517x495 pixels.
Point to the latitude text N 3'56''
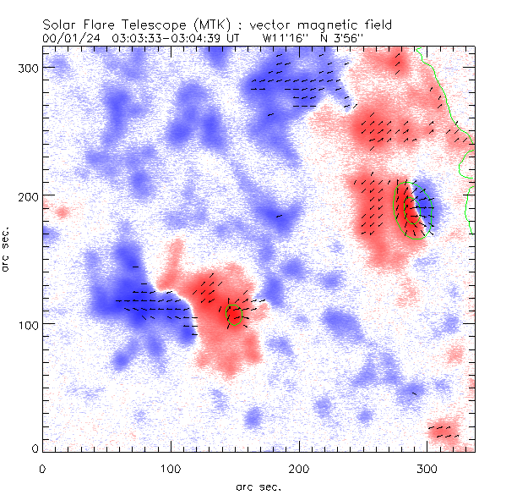(345, 38)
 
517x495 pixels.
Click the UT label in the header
(234, 38)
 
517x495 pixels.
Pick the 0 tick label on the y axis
(35, 448)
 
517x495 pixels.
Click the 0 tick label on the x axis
(42, 467)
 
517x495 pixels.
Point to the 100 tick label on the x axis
(171, 467)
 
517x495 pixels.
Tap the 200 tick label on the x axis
(299, 467)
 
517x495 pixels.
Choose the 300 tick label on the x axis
(427, 467)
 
